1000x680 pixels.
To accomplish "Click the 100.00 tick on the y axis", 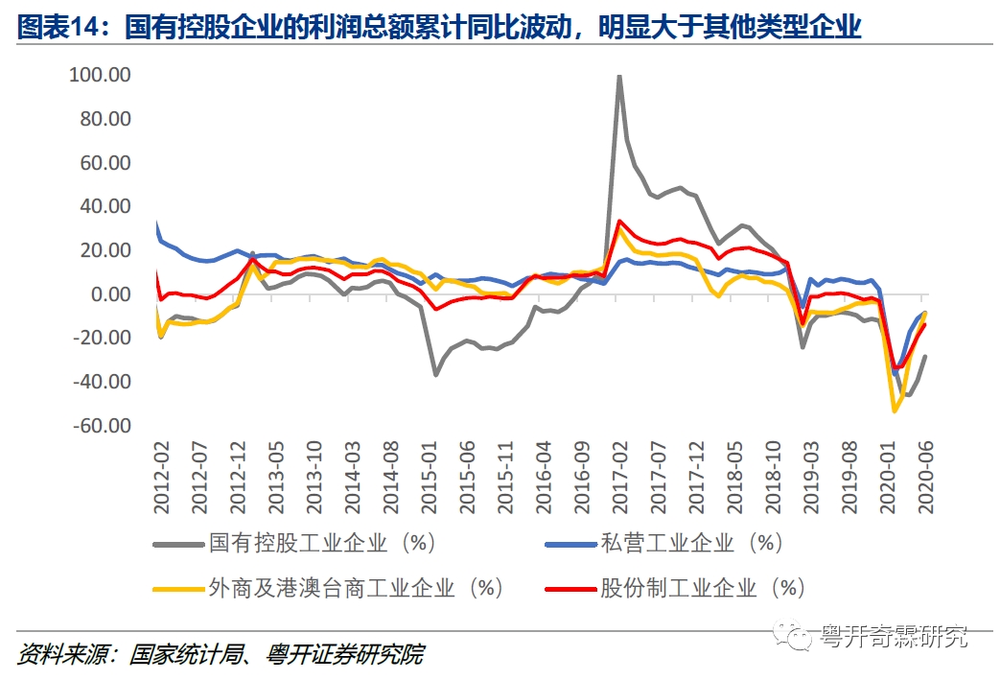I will click(100, 75).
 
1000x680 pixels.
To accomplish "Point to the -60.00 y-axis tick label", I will click(100, 425).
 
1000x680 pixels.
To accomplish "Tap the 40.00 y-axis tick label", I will click(105, 206).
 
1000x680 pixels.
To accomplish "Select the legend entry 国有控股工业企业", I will click(298, 544).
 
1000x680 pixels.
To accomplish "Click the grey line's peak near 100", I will click(619, 76).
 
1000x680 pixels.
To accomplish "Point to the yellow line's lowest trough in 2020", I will click(895, 410).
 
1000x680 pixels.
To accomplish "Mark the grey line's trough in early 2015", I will click(435, 374).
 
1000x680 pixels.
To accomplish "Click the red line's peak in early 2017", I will click(620, 221).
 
